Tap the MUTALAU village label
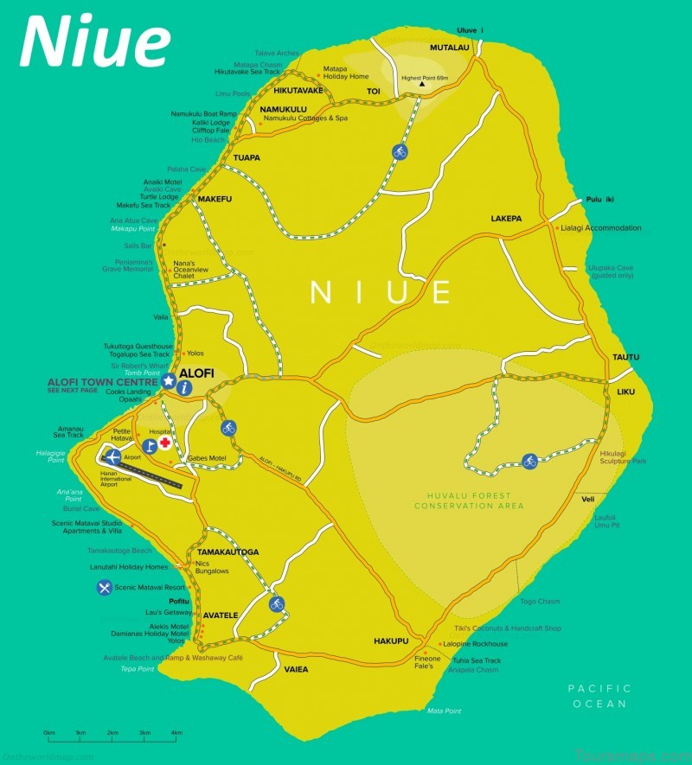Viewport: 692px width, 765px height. click(x=450, y=48)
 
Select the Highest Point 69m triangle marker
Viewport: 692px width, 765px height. click(x=422, y=85)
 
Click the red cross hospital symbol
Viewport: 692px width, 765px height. click(x=163, y=443)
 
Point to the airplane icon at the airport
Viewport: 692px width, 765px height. click(x=111, y=456)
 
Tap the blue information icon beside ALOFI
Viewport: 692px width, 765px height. click(x=184, y=389)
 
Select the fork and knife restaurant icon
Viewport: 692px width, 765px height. click(x=106, y=588)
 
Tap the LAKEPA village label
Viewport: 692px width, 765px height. click(x=506, y=219)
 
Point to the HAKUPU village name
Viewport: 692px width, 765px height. click(x=390, y=641)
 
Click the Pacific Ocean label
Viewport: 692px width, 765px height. click(x=599, y=696)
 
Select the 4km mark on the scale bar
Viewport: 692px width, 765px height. click(x=176, y=733)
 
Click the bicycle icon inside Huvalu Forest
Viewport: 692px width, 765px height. click(x=529, y=462)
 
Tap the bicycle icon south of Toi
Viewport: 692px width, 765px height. click(x=399, y=151)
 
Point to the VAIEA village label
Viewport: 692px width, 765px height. click(x=296, y=669)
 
